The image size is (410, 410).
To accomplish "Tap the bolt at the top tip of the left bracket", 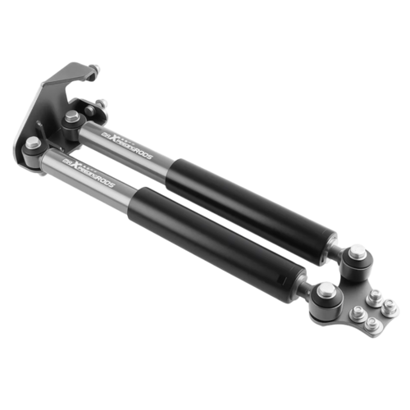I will pos(95,69).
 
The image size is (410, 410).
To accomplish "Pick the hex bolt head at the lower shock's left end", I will pos(33,143).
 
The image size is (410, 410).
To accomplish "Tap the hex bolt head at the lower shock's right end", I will pos(326,289).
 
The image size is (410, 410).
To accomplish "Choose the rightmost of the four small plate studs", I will pos(390,309).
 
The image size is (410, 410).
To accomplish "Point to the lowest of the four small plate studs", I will pos(372,324).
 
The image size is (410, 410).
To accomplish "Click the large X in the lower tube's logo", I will pos(80,166).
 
